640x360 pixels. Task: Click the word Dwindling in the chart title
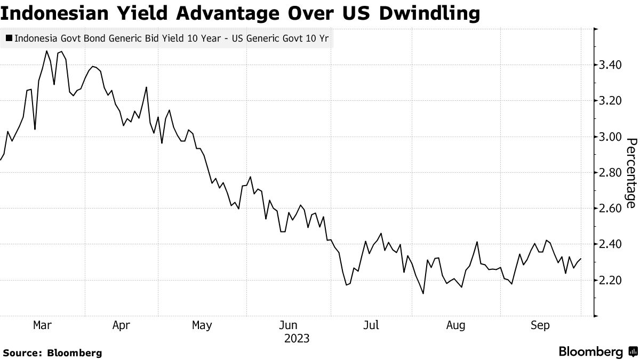(429, 14)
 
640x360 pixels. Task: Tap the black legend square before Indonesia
(9, 38)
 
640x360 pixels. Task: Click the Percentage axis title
(631, 173)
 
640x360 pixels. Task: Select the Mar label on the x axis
(42, 325)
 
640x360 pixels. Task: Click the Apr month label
(122, 325)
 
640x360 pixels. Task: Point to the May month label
(202, 325)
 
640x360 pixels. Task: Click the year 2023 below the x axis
(297, 338)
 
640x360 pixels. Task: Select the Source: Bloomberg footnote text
(52, 353)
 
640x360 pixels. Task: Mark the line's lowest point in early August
(423, 293)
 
